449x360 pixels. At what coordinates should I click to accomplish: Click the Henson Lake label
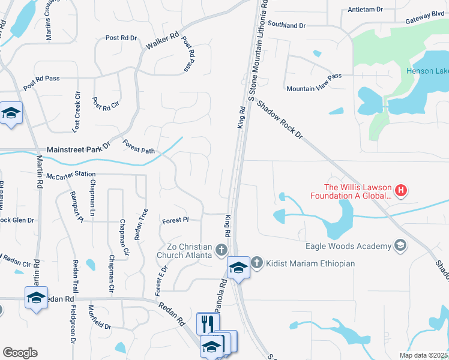click(x=427, y=71)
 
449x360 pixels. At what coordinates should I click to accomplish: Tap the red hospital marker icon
click(x=401, y=191)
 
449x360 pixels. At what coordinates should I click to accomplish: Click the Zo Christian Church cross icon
click(x=221, y=250)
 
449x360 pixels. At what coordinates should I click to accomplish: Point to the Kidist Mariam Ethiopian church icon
click(x=256, y=262)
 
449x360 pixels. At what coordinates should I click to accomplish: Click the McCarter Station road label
click(x=71, y=174)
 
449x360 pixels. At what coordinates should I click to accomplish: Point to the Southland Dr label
click(x=287, y=26)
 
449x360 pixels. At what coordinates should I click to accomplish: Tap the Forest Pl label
click(x=176, y=221)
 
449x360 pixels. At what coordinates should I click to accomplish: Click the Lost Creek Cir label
click(x=76, y=112)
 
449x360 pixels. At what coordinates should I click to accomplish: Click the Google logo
click(x=20, y=353)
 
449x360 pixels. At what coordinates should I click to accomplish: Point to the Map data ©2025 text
click(x=423, y=355)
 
